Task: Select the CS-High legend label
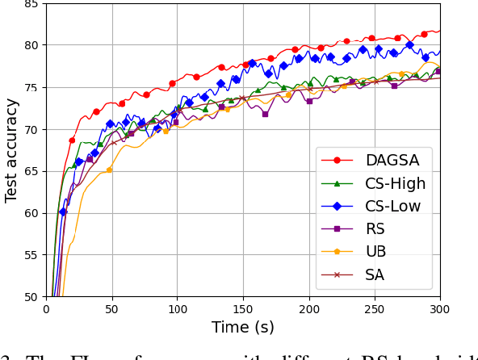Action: pyautogui.click(x=396, y=183)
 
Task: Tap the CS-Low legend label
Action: pyautogui.click(x=393, y=206)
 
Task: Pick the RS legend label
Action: pyautogui.click(x=376, y=228)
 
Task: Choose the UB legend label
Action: pyautogui.click(x=376, y=251)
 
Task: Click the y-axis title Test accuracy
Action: pyautogui.click(x=11, y=150)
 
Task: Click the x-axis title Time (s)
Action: pyautogui.click(x=243, y=328)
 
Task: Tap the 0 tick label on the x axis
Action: pyautogui.click(x=46, y=309)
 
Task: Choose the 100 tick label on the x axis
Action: pyautogui.click(x=177, y=309)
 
